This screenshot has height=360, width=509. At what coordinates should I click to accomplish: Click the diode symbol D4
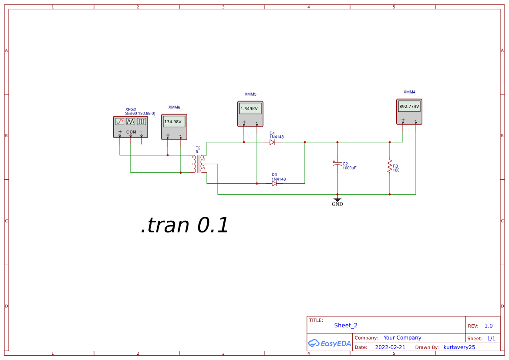click(272, 142)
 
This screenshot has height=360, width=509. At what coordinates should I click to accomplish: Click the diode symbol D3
click(274, 183)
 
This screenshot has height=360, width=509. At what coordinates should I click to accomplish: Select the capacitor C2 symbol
click(337, 165)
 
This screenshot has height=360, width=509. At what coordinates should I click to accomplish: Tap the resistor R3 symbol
click(390, 167)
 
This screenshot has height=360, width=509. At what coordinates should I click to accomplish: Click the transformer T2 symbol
click(199, 163)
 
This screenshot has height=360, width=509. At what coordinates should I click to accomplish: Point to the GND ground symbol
click(337, 201)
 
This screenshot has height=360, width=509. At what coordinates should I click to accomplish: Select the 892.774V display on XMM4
click(409, 106)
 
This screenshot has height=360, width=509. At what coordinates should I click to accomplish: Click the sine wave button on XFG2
click(120, 122)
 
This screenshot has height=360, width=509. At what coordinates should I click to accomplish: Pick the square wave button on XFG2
click(142, 122)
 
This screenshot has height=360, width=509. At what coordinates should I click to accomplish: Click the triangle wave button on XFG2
click(131, 122)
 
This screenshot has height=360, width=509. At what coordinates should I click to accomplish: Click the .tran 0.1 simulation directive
click(185, 225)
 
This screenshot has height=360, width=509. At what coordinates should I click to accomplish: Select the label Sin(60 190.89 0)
click(140, 113)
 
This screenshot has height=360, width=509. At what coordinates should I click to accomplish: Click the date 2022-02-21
click(390, 347)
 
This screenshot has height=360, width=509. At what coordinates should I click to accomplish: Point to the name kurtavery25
click(459, 347)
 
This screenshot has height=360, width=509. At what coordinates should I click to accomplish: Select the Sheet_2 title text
click(346, 325)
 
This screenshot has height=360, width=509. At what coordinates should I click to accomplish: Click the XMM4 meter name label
click(409, 92)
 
